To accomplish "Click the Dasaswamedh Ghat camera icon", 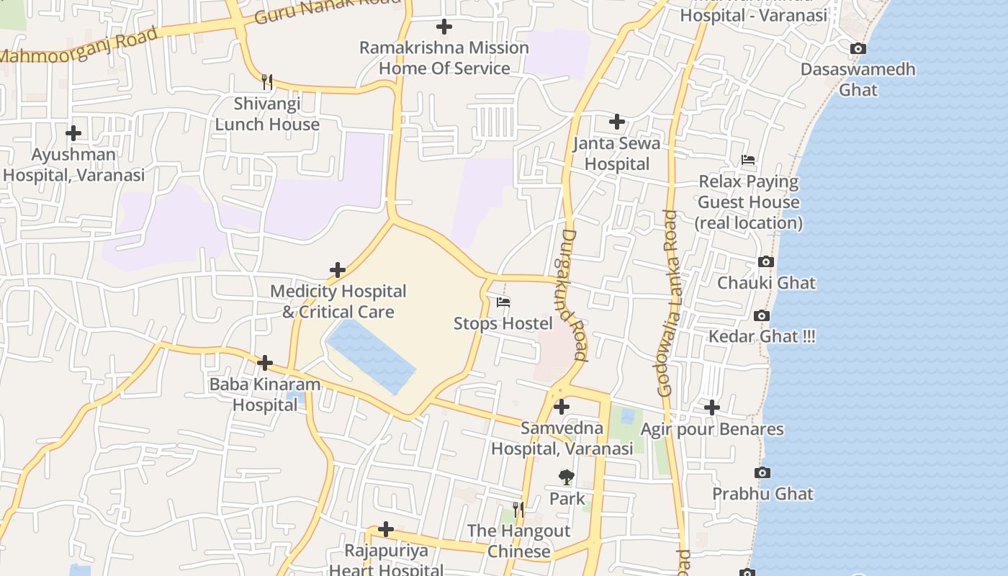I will tap(858, 49).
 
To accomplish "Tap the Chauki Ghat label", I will tap(766, 282).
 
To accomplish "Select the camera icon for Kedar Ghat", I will tap(761, 315).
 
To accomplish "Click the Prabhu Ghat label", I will tap(762, 494).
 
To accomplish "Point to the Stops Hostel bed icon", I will tap(503, 302).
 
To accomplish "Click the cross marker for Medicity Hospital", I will tap(337, 270).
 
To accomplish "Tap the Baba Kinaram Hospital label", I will tap(264, 395).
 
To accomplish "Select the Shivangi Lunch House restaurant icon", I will tap(267, 81).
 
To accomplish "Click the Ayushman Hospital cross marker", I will tap(73, 133).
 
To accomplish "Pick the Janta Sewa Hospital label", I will tap(616, 154).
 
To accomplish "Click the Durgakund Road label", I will tap(575, 295).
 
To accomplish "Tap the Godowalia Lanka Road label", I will tap(667, 302).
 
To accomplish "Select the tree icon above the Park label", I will tap(567, 477).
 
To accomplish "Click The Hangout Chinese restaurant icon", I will tap(518, 510).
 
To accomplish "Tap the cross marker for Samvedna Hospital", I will tap(562, 407).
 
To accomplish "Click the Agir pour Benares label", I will tap(711, 430).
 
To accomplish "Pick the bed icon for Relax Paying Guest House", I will tap(748, 159).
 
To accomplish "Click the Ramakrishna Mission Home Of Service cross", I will tap(444, 27).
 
